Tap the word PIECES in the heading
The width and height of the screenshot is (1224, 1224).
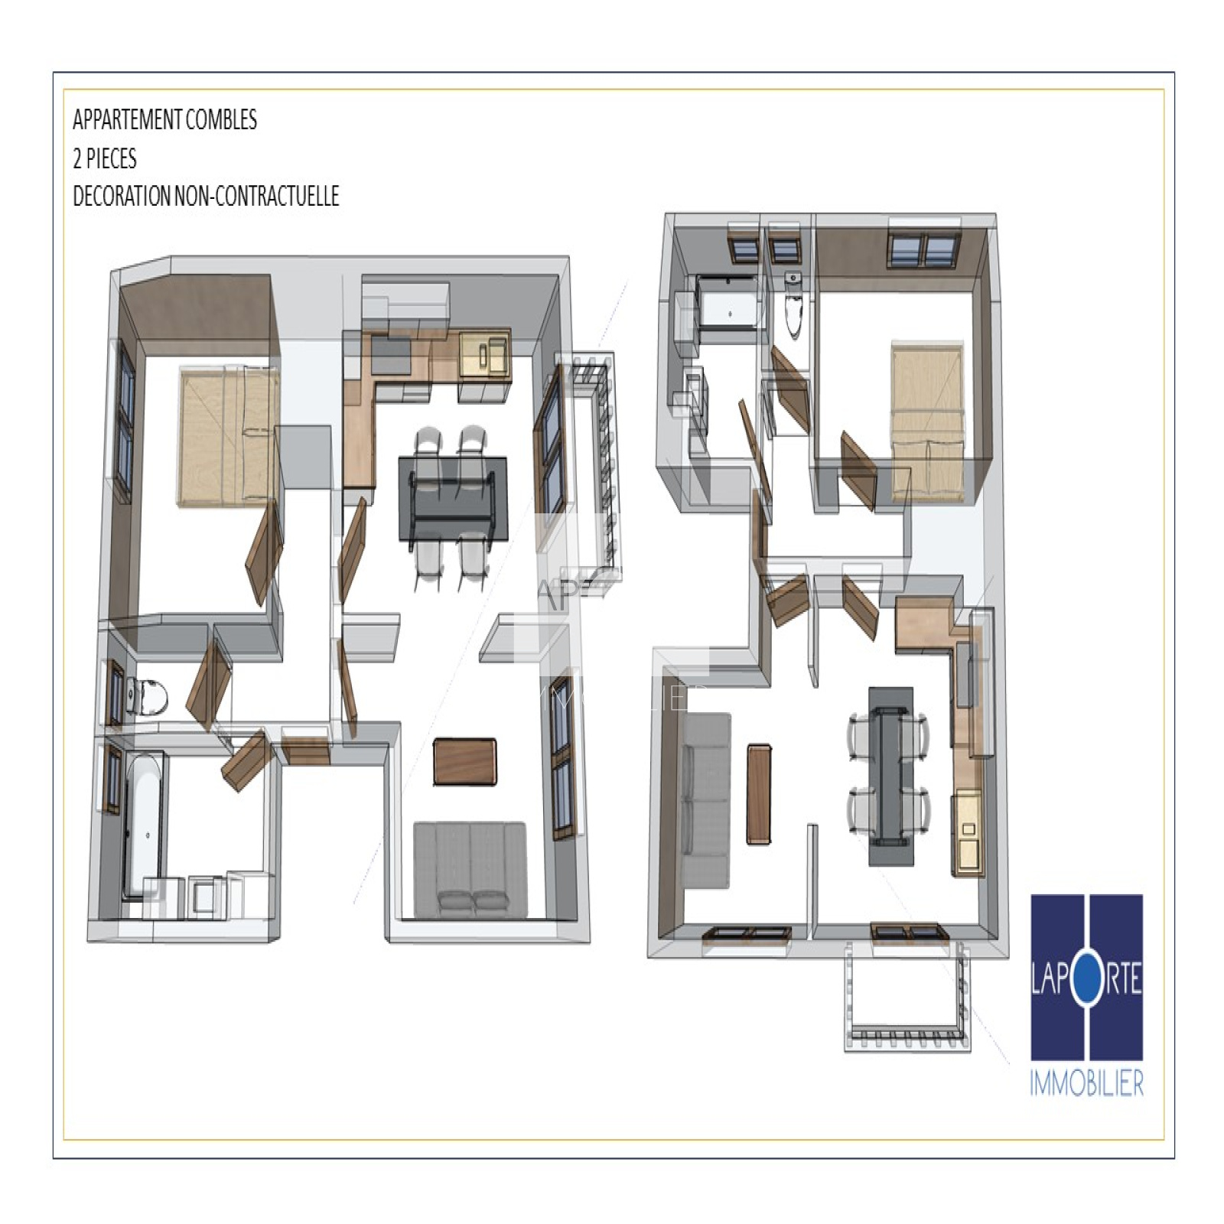tap(111, 158)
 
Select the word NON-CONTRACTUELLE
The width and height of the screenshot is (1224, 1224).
tap(256, 197)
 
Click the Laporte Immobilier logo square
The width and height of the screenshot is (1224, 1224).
tap(1086, 977)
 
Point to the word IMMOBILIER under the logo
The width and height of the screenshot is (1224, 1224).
tap(1086, 1083)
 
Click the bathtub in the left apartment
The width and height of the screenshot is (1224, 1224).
tap(143, 825)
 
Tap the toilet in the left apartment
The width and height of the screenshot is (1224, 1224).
tap(148, 696)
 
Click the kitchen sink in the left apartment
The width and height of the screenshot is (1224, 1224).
tap(483, 353)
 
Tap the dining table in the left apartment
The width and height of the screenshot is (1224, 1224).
tap(452, 499)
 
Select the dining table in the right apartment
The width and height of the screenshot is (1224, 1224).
tap(890, 776)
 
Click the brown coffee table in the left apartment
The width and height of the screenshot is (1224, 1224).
tap(464, 762)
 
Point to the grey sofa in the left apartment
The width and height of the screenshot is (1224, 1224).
tap(470, 870)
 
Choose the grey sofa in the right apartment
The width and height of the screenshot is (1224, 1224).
tap(705, 800)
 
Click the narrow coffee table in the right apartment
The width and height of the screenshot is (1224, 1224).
tap(758, 794)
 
